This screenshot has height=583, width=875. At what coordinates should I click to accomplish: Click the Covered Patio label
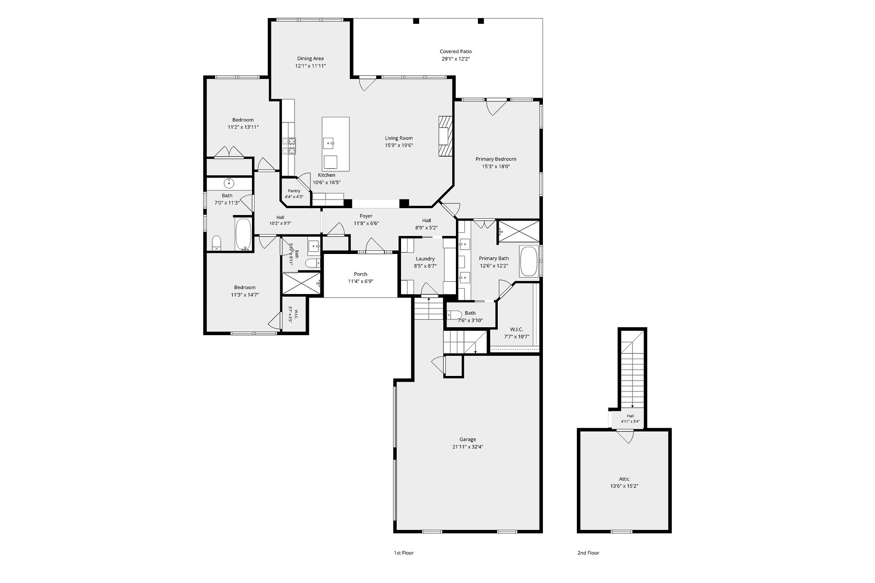(x=456, y=52)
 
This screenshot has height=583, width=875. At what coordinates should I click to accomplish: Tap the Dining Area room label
(x=310, y=58)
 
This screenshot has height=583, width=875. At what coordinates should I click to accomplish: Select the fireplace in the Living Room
(x=445, y=136)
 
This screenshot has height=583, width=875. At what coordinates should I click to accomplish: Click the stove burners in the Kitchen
(x=289, y=146)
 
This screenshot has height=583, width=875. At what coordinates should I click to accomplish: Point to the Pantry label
(x=294, y=191)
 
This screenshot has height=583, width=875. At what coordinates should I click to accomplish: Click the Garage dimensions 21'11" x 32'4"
(x=467, y=447)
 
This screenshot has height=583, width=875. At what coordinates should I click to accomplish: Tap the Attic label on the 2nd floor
(x=624, y=479)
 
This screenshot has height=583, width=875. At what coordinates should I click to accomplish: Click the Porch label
(x=361, y=274)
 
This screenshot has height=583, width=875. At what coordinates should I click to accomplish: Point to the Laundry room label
(x=425, y=259)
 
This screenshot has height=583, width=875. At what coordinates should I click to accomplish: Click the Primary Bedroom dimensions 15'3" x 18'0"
(x=496, y=167)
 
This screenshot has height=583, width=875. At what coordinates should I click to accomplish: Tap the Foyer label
(x=366, y=216)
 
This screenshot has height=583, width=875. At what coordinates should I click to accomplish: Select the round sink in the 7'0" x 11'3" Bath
(x=228, y=183)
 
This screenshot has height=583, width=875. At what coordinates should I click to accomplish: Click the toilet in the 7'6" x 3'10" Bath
(x=454, y=315)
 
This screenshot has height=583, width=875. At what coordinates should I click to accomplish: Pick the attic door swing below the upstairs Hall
(x=625, y=436)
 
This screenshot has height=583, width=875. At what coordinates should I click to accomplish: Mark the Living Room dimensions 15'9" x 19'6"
(x=399, y=145)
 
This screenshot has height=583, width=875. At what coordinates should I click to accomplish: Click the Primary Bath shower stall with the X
(x=518, y=232)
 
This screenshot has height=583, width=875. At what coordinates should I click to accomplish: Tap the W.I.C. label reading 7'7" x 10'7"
(x=516, y=333)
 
